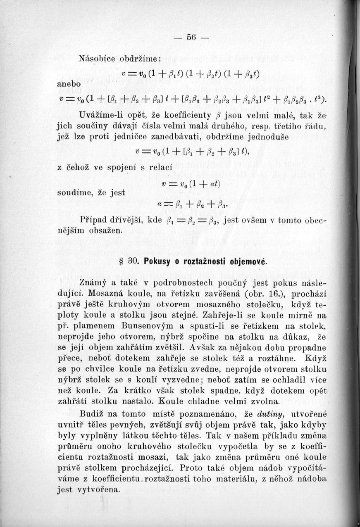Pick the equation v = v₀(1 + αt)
pyautogui.click(x=179, y=187)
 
